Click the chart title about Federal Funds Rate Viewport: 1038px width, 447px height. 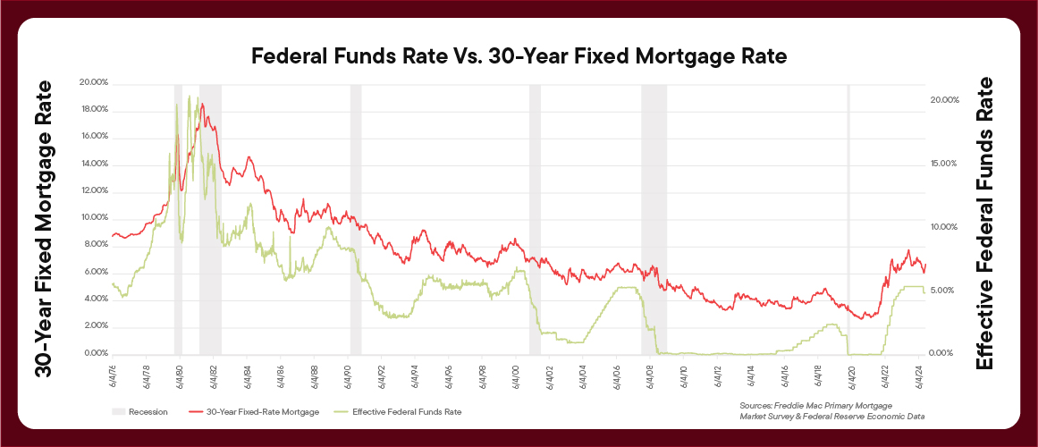click(519, 57)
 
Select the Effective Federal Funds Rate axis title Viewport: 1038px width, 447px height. click(984, 223)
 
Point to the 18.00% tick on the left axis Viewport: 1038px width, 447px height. click(93, 109)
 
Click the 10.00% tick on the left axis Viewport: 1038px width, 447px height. click(93, 218)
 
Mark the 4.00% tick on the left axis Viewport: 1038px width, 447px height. click(93, 299)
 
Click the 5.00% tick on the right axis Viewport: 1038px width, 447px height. click(944, 291)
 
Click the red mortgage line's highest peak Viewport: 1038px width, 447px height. click(202, 104)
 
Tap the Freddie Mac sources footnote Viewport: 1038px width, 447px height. click(831, 411)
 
